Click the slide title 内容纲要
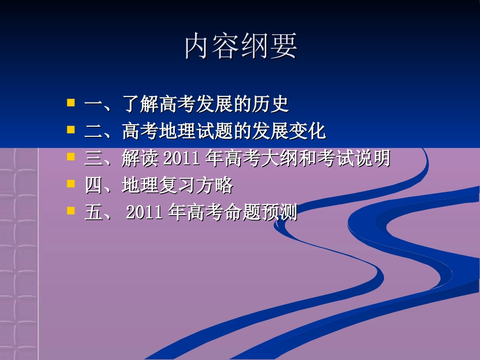(241, 47)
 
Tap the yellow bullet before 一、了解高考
(71, 103)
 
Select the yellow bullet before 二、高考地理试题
(71, 130)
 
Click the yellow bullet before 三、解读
(71, 158)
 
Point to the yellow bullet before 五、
(71, 211)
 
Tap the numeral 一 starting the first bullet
(93, 105)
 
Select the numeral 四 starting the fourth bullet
(93, 186)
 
